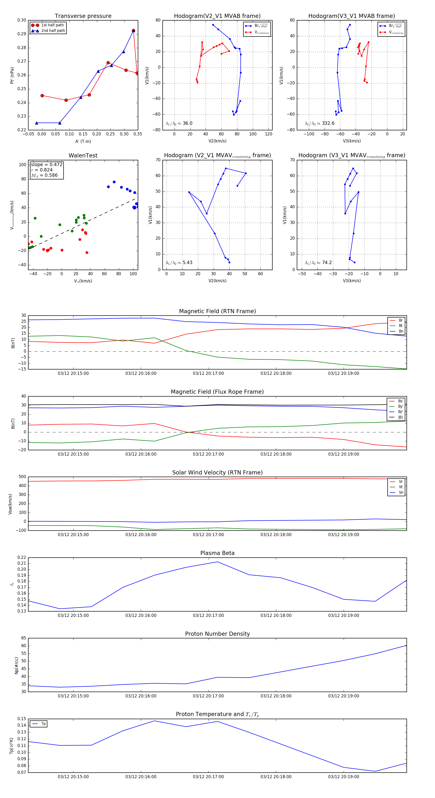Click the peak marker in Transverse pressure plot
tap(133, 31)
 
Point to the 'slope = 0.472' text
tap(46, 164)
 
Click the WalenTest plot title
tap(83, 155)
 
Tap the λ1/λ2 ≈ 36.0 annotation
tap(179, 123)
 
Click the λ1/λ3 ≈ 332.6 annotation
tap(319, 123)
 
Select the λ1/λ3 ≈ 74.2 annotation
tap(318, 263)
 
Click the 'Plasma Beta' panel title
tap(217, 553)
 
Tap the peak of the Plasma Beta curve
tap(217, 562)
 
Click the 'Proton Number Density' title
tap(217, 634)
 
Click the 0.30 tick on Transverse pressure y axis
tap(22, 20)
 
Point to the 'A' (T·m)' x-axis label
tap(83, 141)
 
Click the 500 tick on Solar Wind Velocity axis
tap(22, 477)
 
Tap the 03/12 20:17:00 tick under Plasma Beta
tap(208, 615)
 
